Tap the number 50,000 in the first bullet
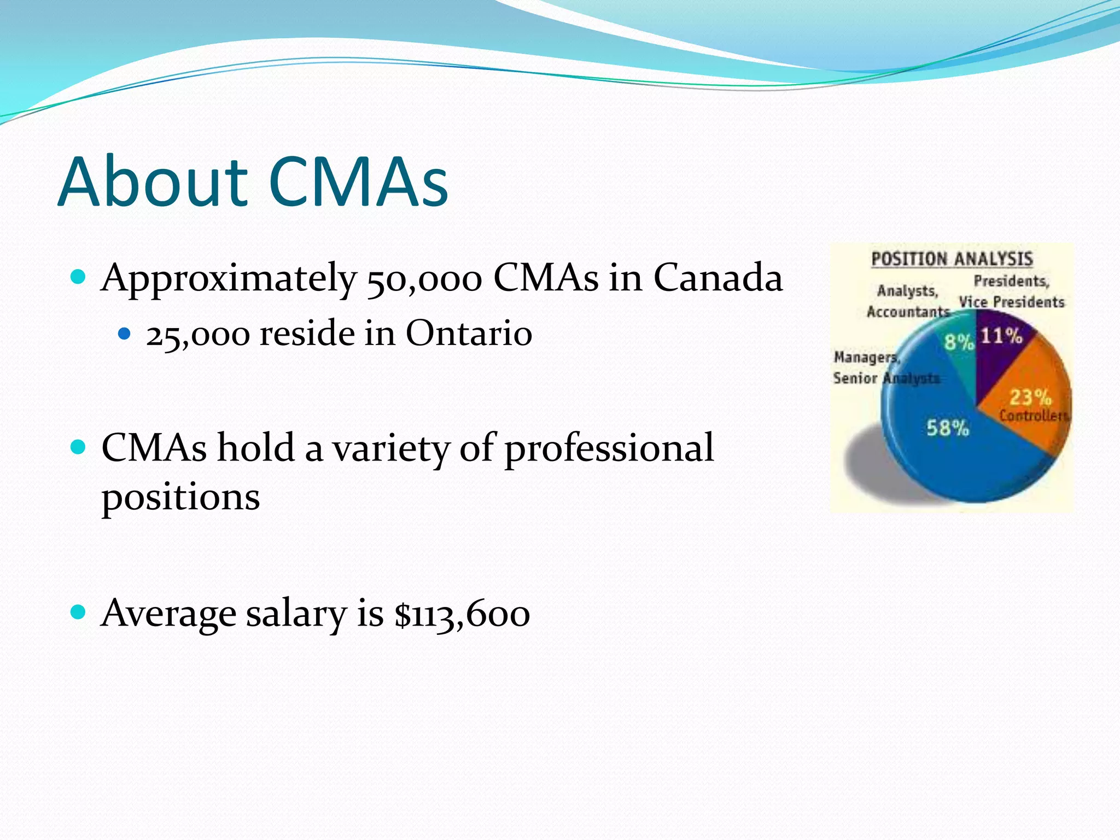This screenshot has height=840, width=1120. [x=424, y=279]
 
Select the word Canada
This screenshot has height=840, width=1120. [x=718, y=278]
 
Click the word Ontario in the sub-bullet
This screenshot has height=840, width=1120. [x=469, y=333]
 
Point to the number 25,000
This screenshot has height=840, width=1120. [x=197, y=335]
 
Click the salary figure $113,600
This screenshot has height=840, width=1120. [x=462, y=614]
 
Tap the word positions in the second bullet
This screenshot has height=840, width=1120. [x=180, y=498]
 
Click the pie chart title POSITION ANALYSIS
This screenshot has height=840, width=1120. [x=952, y=259]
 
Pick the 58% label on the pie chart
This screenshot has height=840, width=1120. [x=947, y=428]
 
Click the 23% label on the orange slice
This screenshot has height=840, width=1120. [x=1030, y=396]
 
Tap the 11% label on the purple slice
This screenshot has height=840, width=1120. [x=1001, y=335]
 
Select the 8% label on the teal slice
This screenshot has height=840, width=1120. [x=959, y=342]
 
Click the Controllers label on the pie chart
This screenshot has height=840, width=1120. [x=1034, y=416]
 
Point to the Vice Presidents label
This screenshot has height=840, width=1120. [x=1011, y=302]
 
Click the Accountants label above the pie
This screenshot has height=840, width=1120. [x=908, y=312]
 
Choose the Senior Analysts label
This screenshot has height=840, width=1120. [x=886, y=378]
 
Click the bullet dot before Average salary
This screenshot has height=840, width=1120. [x=79, y=611]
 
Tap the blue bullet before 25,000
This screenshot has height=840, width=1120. [x=125, y=333]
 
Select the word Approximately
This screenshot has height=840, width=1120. [x=228, y=279]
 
